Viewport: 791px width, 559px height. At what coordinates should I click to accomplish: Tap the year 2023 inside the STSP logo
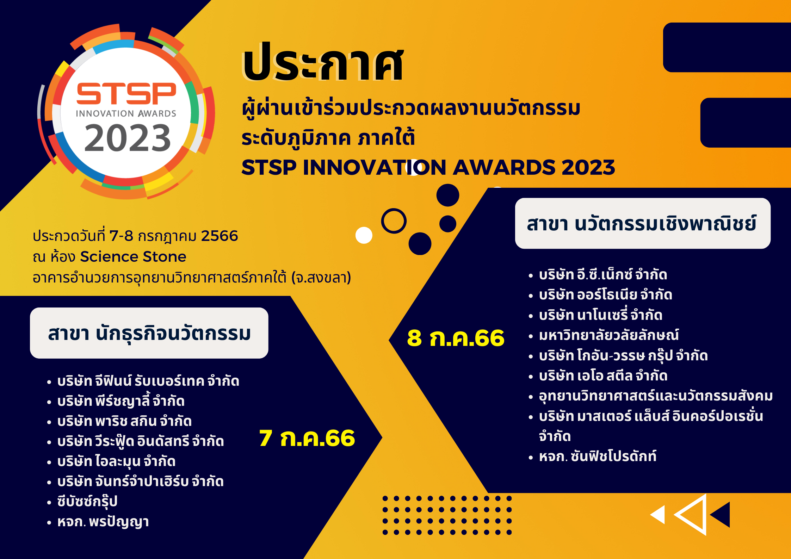point(128,138)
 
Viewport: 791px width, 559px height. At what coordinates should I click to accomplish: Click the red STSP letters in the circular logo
point(126,94)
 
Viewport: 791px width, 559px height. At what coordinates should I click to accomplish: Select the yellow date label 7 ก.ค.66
point(307,438)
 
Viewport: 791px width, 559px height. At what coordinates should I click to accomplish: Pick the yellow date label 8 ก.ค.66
point(456,338)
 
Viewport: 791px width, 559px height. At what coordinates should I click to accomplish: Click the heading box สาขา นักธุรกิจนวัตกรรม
point(149,333)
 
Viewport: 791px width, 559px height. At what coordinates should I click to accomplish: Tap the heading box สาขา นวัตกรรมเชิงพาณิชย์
point(643,223)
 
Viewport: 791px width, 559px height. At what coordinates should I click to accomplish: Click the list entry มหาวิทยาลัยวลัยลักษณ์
point(608,335)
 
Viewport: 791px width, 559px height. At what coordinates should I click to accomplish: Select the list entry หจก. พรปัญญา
point(103,522)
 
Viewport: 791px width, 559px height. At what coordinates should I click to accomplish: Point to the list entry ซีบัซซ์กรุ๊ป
point(87,501)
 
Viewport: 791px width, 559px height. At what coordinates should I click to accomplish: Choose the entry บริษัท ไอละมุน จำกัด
point(116,461)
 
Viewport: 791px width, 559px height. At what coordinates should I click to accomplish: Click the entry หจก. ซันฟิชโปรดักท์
point(598,456)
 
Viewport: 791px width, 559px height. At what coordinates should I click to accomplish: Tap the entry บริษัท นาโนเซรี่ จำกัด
point(600,315)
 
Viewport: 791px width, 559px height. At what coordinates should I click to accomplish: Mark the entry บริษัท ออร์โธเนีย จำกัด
point(605,294)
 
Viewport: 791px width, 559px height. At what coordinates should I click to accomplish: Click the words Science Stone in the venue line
point(133,256)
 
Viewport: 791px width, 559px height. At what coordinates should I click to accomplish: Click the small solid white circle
point(364,235)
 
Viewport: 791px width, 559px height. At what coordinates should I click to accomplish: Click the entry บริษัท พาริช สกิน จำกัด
point(124,421)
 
